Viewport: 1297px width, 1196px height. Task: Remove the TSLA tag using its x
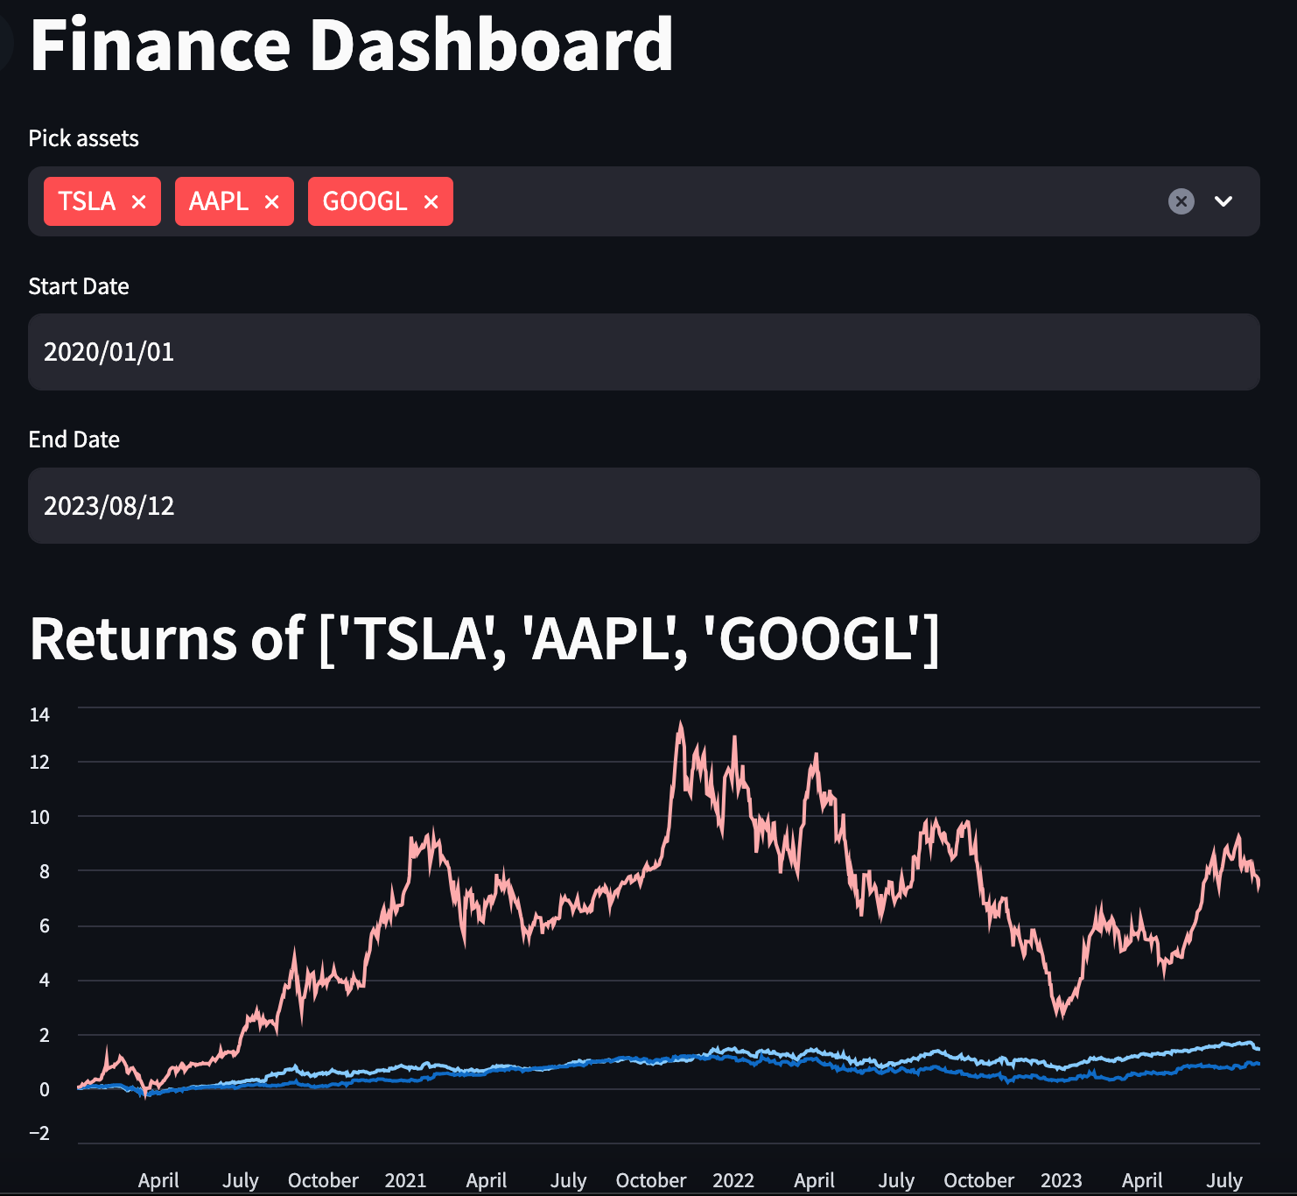point(138,202)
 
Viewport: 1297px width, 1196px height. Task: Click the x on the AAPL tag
point(271,202)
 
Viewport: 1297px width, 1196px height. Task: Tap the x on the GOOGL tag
point(431,202)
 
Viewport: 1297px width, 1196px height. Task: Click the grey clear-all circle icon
point(1181,201)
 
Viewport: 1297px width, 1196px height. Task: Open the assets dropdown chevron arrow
point(1223,201)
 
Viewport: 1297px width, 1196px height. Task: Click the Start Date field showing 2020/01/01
point(643,352)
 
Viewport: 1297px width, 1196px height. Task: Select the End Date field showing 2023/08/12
point(643,505)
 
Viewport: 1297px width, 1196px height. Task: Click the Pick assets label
point(83,138)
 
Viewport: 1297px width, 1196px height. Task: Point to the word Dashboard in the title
point(491,46)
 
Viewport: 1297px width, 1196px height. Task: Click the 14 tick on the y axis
point(39,714)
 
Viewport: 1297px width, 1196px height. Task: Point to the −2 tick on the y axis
point(39,1133)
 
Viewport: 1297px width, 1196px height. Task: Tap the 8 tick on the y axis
point(45,871)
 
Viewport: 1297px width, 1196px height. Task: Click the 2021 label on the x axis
point(405,1180)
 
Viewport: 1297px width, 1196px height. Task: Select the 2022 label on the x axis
point(733,1180)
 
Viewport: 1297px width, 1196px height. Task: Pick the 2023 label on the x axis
point(1061,1180)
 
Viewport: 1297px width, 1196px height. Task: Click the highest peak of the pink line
point(681,723)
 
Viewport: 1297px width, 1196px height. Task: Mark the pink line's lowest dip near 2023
point(1062,1016)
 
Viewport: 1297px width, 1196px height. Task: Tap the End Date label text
point(74,440)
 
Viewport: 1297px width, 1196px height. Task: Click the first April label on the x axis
point(158,1180)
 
